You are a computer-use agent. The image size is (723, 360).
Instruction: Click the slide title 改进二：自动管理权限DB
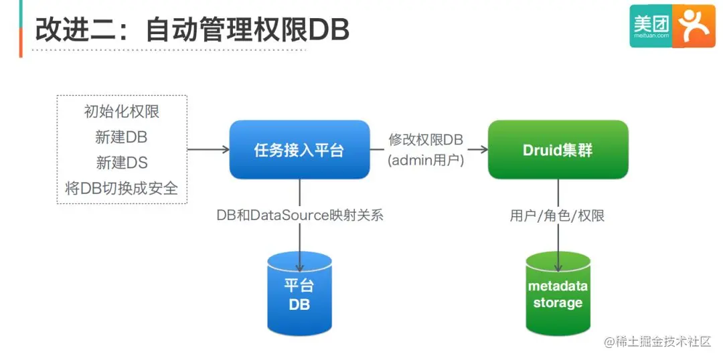191,30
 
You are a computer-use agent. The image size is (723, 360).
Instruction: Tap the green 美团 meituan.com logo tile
651,26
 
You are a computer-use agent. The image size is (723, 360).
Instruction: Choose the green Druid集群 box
558,150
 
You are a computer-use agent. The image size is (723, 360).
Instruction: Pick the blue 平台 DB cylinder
299,293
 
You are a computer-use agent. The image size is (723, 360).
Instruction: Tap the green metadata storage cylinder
558,293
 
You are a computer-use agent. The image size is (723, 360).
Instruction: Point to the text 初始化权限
122,112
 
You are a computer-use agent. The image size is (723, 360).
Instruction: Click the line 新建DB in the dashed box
122,137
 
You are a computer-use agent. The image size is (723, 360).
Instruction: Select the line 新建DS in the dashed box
122,163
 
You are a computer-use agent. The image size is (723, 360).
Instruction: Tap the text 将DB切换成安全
122,188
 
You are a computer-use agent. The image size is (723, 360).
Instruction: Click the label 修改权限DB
426,141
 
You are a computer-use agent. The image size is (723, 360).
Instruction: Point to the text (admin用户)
426,161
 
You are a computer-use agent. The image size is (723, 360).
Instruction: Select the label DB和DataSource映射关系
300,215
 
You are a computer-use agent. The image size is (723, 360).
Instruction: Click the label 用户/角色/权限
557,215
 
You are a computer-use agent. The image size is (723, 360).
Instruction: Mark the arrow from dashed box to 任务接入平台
208,149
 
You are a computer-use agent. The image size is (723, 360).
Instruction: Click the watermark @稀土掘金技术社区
657,341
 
